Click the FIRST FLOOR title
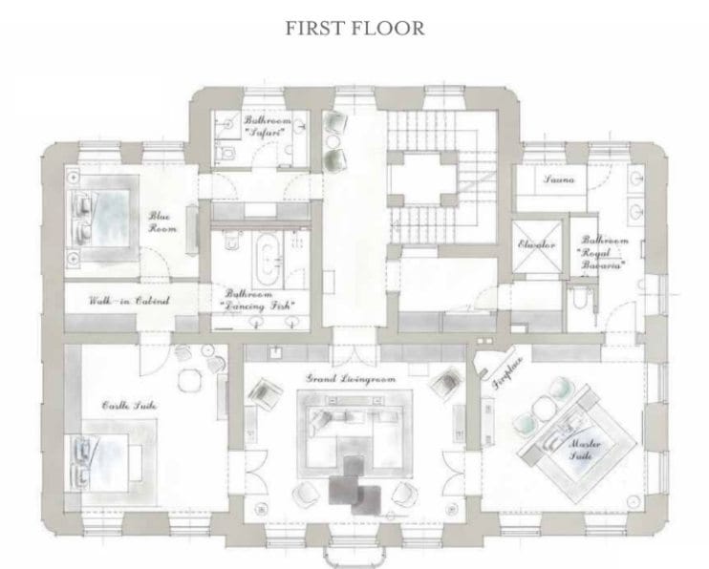354,27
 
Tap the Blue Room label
158,222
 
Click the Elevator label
537,245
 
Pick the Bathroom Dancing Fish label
258,300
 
